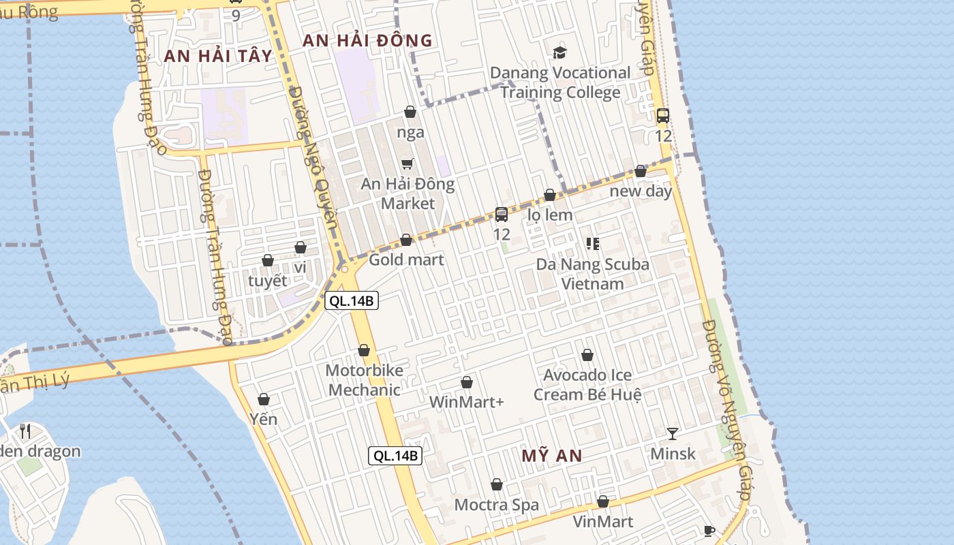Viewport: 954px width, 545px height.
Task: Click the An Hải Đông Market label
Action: coord(407,193)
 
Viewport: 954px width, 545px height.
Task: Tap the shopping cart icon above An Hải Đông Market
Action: coord(407,163)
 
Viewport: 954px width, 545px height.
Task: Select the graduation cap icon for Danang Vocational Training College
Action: coord(559,52)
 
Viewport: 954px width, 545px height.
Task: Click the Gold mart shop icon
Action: coord(406,240)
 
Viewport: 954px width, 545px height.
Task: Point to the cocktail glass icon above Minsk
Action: coord(673,434)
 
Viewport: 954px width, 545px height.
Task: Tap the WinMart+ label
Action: coord(466,402)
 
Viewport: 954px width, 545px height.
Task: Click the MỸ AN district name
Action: coord(552,456)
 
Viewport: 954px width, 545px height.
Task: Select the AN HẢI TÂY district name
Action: coord(218,56)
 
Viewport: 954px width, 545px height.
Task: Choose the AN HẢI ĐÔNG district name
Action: coord(367,41)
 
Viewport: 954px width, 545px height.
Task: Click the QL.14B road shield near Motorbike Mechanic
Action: coord(351,300)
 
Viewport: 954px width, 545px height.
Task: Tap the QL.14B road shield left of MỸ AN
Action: coord(395,456)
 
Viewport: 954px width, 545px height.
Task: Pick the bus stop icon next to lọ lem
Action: coord(502,215)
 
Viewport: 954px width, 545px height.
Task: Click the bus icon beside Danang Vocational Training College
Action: coord(663,116)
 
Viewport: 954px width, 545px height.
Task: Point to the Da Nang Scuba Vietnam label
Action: coord(592,274)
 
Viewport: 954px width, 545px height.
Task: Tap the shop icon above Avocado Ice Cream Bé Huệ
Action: coord(587,355)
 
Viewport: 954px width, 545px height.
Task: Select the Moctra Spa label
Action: coord(496,505)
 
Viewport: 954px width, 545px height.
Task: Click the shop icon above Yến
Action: coord(264,399)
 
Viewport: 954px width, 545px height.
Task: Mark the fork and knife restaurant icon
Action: coord(25,431)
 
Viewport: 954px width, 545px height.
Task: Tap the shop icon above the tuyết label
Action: coord(268,260)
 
